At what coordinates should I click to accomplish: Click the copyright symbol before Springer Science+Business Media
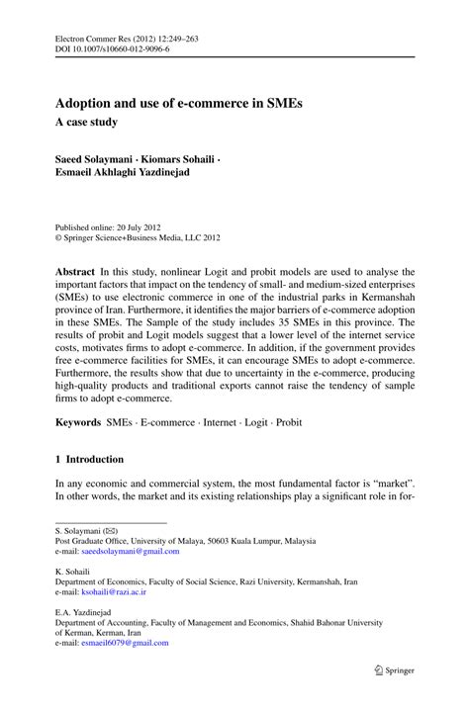(59, 237)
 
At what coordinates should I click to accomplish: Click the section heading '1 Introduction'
(89, 460)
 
